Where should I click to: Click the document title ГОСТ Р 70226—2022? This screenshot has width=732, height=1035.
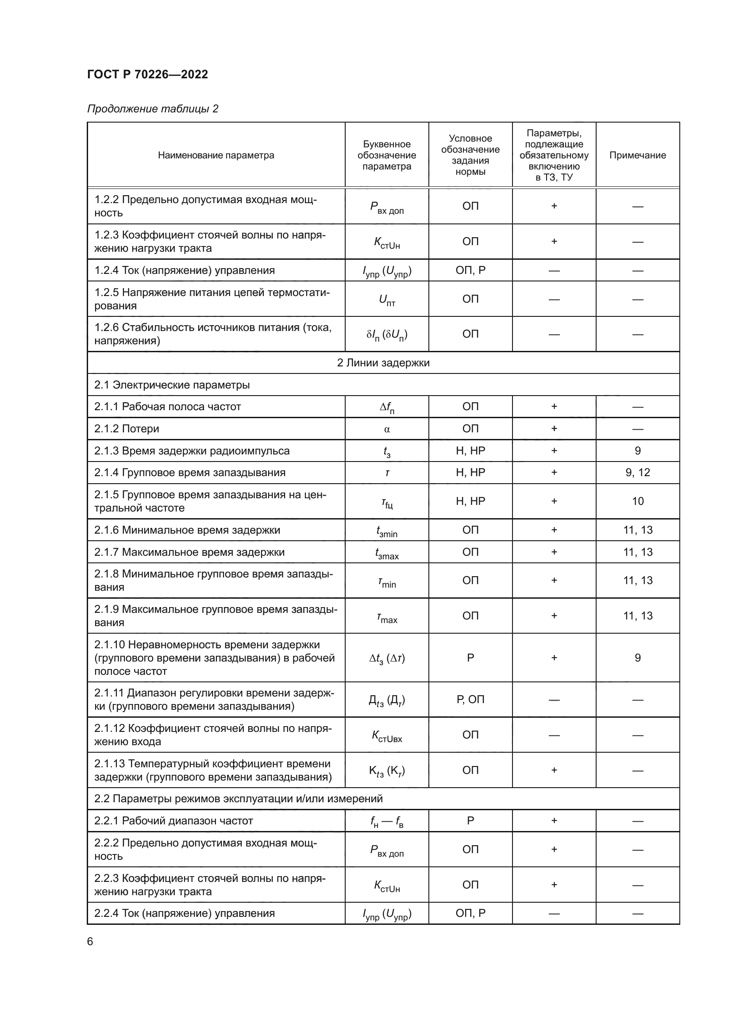pos(147,74)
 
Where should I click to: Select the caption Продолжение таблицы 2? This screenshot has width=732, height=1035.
pos(152,109)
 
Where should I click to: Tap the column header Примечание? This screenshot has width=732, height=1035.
pos(637,155)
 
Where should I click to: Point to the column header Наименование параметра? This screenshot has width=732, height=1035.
pos(216,155)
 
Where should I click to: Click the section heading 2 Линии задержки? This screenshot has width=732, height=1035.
pos(383,363)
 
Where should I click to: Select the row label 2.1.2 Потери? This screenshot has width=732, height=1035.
pos(127,429)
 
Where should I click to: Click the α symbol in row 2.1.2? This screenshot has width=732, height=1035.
pos(387,429)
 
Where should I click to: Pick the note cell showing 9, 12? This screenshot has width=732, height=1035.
pos(637,473)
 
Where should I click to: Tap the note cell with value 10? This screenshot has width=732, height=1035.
pos(637,501)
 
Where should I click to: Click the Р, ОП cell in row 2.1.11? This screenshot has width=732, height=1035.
pos(470,699)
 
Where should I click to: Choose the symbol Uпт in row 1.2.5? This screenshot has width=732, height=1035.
pos(387,299)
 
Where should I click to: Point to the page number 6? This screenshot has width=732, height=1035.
pos(90,941)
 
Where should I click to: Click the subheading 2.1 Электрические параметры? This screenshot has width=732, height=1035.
pos(172,385)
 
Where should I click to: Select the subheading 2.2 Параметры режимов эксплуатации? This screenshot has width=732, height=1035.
pos(239,799)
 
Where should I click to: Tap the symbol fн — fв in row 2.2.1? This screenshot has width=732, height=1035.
pos(387,821)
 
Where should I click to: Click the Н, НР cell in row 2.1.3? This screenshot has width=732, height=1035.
pos(470,451)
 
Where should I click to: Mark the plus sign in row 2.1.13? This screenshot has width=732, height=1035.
pos(554,770)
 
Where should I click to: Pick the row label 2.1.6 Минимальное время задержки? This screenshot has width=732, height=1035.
pos(187,530)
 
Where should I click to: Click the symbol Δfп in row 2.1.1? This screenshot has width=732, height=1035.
pos(387,407)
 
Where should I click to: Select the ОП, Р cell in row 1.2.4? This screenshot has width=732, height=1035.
pos(470,270)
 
